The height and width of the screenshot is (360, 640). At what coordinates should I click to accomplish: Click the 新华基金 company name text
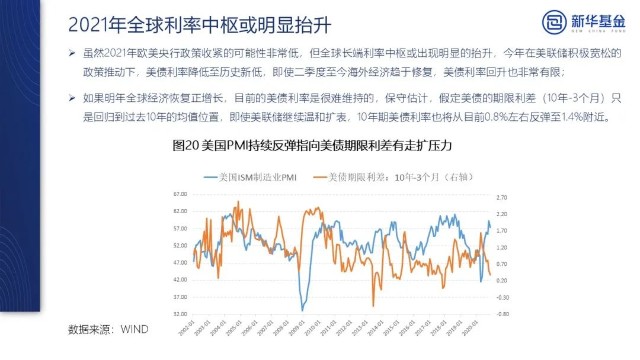[582, 21]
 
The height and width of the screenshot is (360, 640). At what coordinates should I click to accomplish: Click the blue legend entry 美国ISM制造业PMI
[254, 177]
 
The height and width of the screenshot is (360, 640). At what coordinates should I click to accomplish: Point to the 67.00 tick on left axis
[180, 194]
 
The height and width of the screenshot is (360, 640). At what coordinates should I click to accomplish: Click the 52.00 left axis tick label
[180, 245]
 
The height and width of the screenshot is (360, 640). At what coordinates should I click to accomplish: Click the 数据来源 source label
[88, 328]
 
